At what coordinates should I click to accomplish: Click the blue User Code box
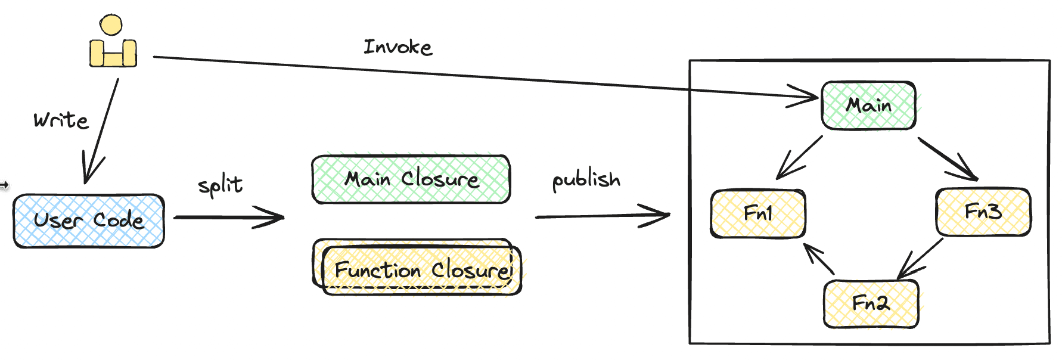[89, 221]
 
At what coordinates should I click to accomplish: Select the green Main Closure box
[411, 179]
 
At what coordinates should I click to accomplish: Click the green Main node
[868, 105]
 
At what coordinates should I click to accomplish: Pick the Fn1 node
[757, 213]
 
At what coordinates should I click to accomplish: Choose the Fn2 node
[871, 303]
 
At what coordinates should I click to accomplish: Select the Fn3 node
[983, 212]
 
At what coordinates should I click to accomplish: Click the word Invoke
[398, 47]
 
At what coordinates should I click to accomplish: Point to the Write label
[61, 120]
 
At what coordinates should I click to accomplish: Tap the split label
[221, 185]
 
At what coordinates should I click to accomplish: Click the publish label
[586, 179]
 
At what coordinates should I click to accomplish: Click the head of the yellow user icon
[111, 25]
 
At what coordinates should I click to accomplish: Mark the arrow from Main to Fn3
[948, 159]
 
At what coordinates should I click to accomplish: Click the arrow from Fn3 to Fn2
[921, 258]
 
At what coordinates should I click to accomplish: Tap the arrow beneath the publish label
[602, 216]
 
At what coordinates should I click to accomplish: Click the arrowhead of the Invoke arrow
[811, 97]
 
